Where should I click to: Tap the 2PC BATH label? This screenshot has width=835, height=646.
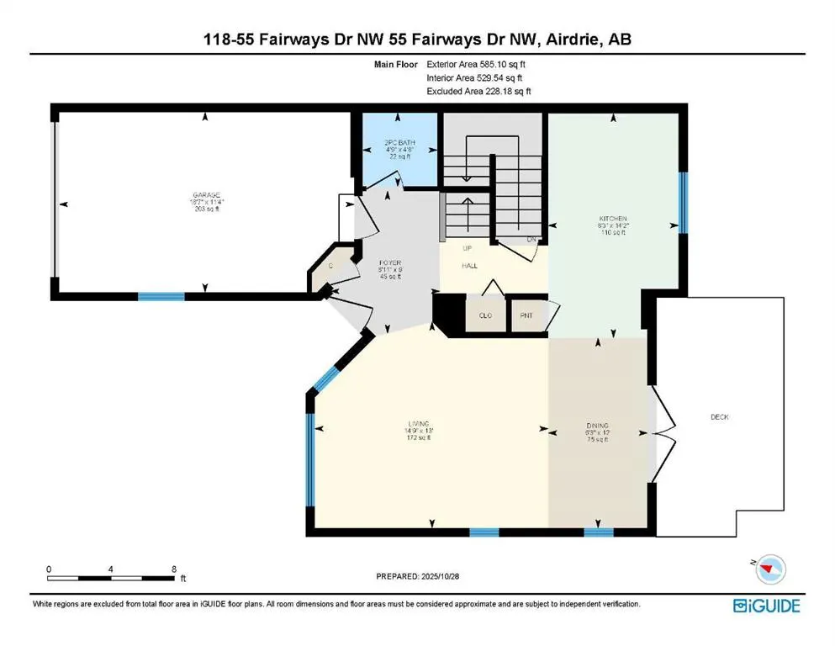pos(394,143)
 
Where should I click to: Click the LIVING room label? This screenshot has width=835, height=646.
pos(418,423)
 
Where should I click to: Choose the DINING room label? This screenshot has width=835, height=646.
pos(597,426)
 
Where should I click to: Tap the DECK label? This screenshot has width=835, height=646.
pos(719,416)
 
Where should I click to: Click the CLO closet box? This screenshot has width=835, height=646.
pos(484,316)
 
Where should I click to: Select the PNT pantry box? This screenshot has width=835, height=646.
pos(527,316)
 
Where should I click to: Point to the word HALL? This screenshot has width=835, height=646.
pos(469,265)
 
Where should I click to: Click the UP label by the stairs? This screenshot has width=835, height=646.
pos(468,249)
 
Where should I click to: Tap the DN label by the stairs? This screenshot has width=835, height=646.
pos(531,239)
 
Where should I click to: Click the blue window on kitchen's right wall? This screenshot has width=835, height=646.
pos(683,202)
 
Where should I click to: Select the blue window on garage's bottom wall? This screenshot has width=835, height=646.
pos(161,296)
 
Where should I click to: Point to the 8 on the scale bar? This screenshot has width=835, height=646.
pos(172,569)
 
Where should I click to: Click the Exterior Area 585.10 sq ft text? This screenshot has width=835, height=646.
pos(478,64)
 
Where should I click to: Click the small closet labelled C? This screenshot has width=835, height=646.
pos(330,266)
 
